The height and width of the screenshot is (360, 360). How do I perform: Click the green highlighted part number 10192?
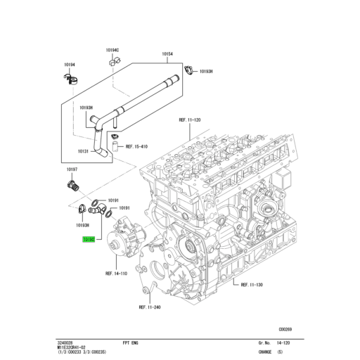pos(89,240)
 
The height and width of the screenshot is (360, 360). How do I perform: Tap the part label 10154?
pos(167,53)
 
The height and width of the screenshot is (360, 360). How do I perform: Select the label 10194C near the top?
pos(112,50)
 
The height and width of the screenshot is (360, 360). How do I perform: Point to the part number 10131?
pos(83,150)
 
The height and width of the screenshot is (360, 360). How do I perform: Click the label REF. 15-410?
pos(136,148)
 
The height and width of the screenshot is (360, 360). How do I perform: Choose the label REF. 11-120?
pos(190,120)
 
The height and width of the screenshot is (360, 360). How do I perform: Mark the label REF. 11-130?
pos(251,285)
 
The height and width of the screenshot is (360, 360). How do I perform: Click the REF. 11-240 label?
pos(150,307)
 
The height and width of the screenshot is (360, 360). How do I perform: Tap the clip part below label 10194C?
pos(113,62)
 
